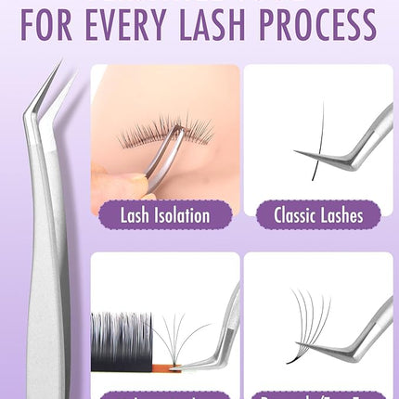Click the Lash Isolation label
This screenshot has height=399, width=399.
tap(165, 215)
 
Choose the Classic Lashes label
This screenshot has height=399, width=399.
tap(314, 215)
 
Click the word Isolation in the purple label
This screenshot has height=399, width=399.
tap(183, 215)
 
